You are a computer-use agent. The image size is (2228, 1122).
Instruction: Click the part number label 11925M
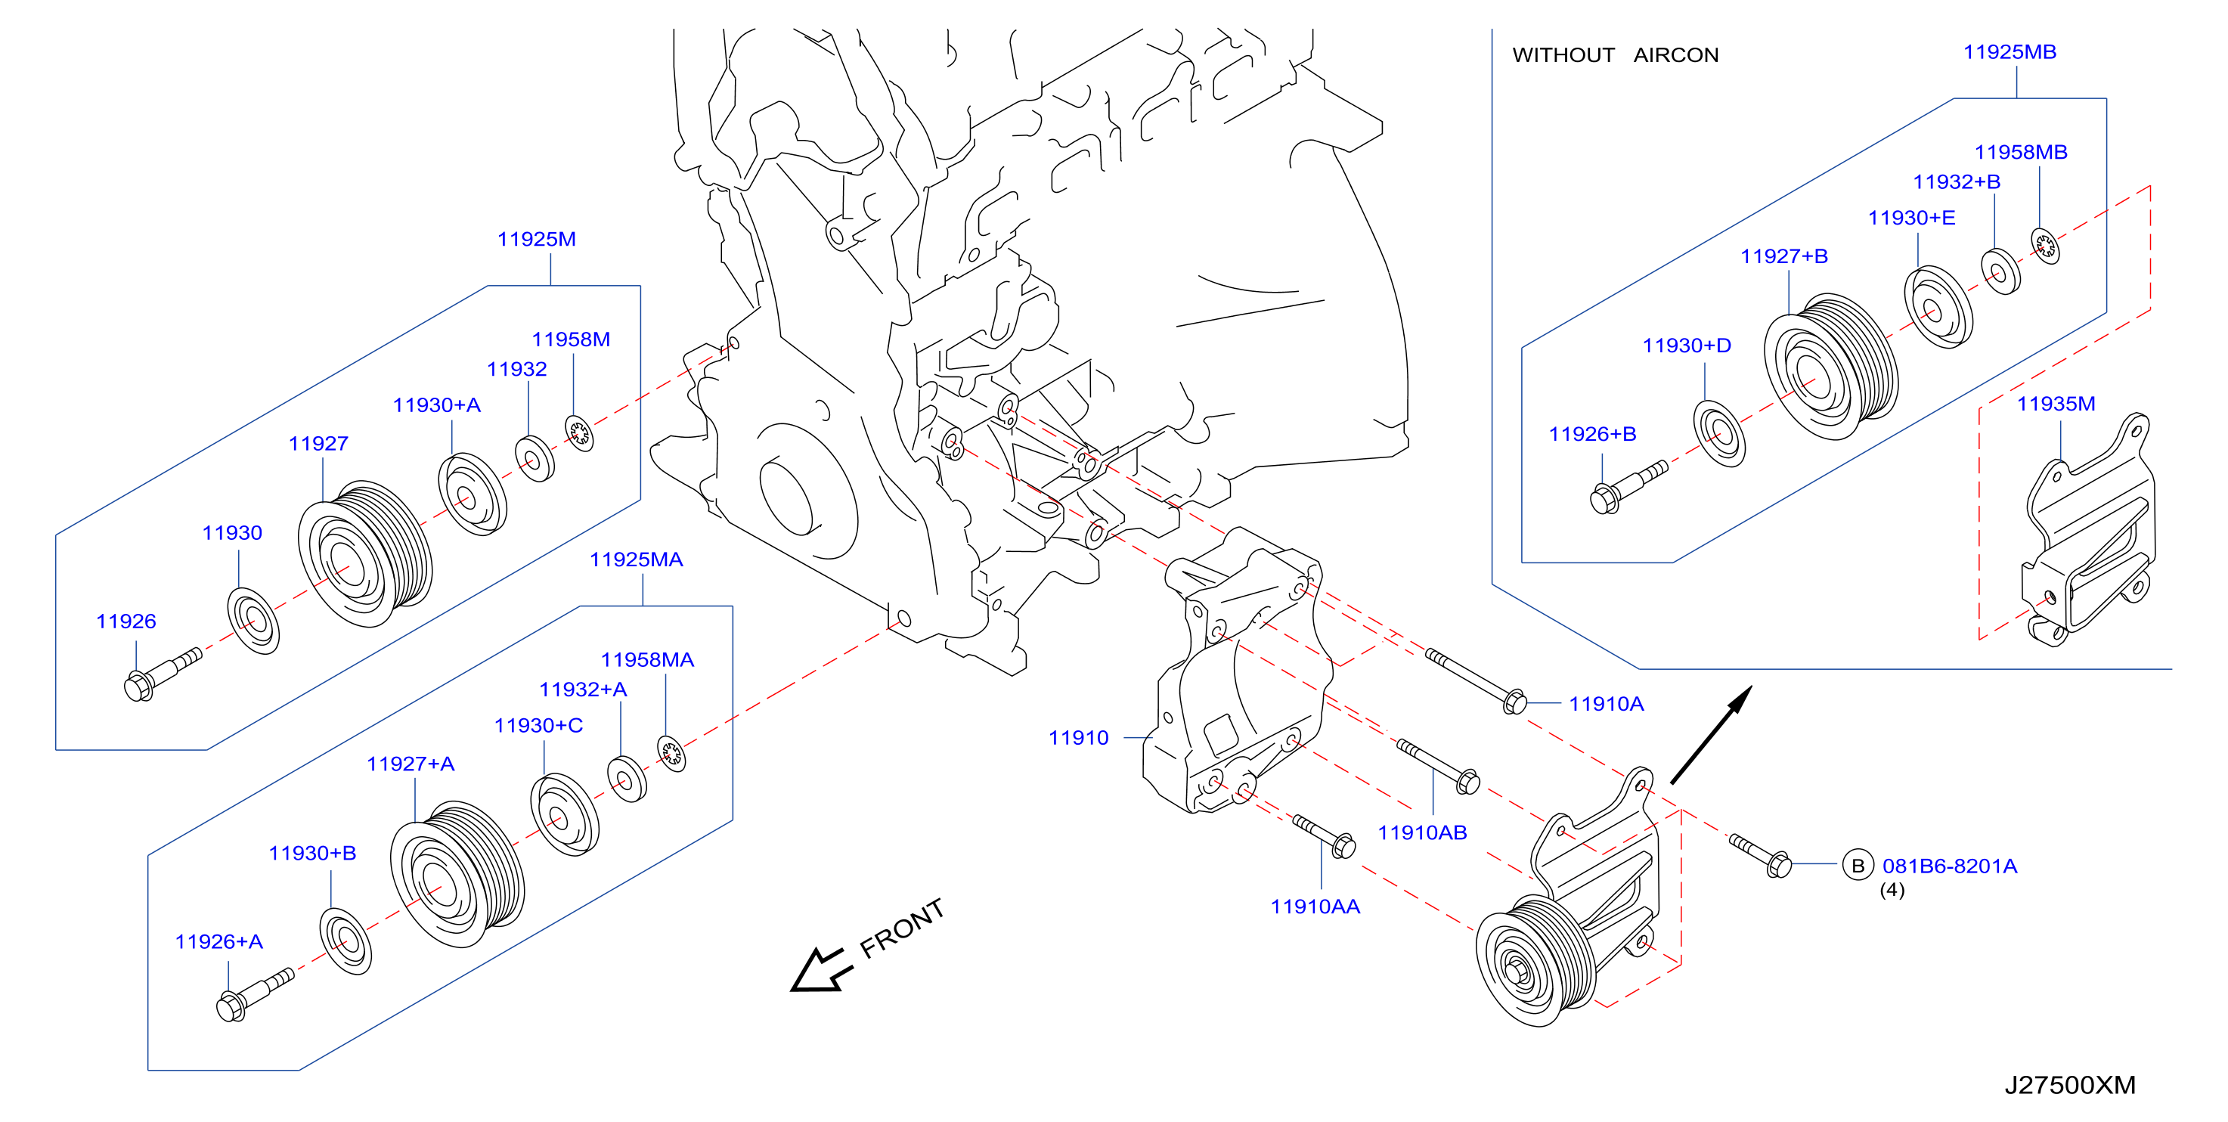[536, 239]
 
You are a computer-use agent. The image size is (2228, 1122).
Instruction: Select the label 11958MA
[647, 659]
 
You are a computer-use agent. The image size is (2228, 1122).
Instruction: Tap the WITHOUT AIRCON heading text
[1615, 54]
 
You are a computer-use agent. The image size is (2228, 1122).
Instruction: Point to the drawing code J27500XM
[2070, 1084]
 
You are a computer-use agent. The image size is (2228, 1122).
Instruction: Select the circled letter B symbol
[1857, 865]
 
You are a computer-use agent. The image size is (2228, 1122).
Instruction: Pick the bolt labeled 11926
[162, 673]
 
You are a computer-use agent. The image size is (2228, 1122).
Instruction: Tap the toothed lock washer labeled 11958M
[578, 432]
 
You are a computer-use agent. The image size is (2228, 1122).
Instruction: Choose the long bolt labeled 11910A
[1476, 680]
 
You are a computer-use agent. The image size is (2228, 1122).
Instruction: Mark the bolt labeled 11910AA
[1323, 835]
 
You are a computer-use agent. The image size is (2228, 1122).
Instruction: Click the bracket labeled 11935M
[2087, 529]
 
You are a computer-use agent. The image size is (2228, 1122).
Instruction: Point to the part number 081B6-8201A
[1950, 865]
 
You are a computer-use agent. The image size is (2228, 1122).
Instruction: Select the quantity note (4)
[1892, 889]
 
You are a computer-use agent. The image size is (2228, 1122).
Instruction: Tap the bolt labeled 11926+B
[1628, 487]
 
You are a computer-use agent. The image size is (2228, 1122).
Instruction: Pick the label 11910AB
[1422, 832]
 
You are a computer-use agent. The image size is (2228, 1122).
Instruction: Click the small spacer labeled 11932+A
[626, 779]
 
